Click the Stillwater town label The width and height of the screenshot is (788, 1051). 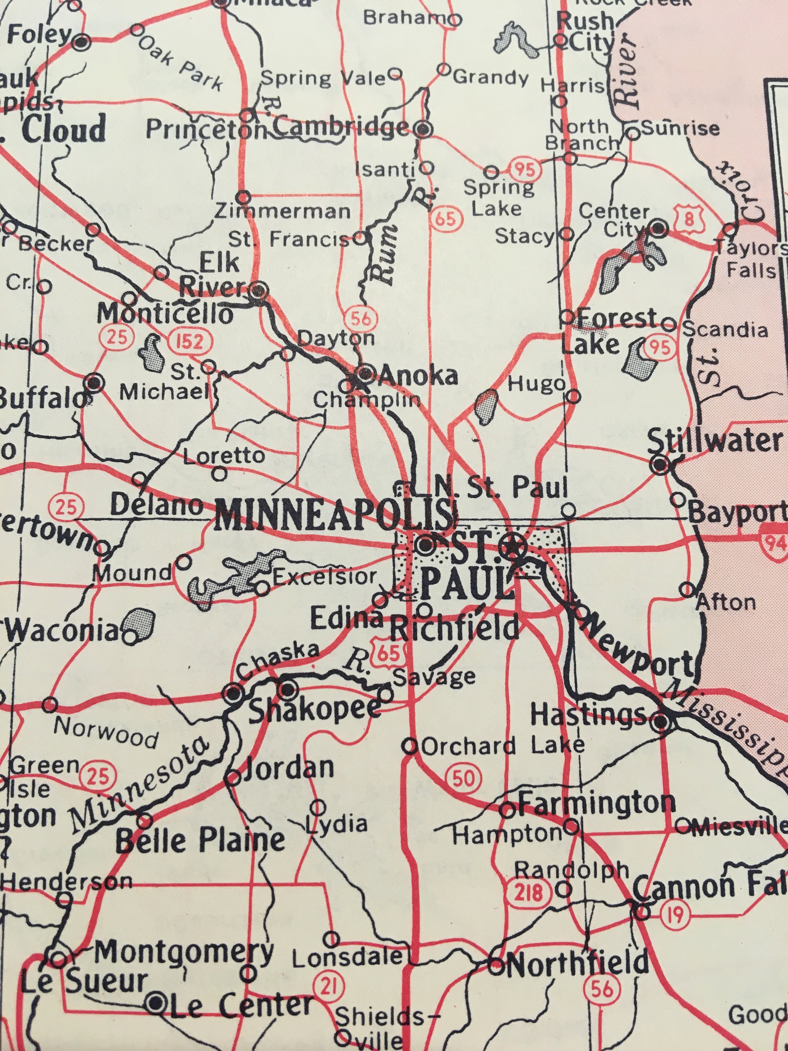714,441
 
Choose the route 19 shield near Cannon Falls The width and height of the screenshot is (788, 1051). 674,913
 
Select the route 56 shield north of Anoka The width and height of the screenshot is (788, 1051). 360,319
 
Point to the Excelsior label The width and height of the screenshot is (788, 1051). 324,576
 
